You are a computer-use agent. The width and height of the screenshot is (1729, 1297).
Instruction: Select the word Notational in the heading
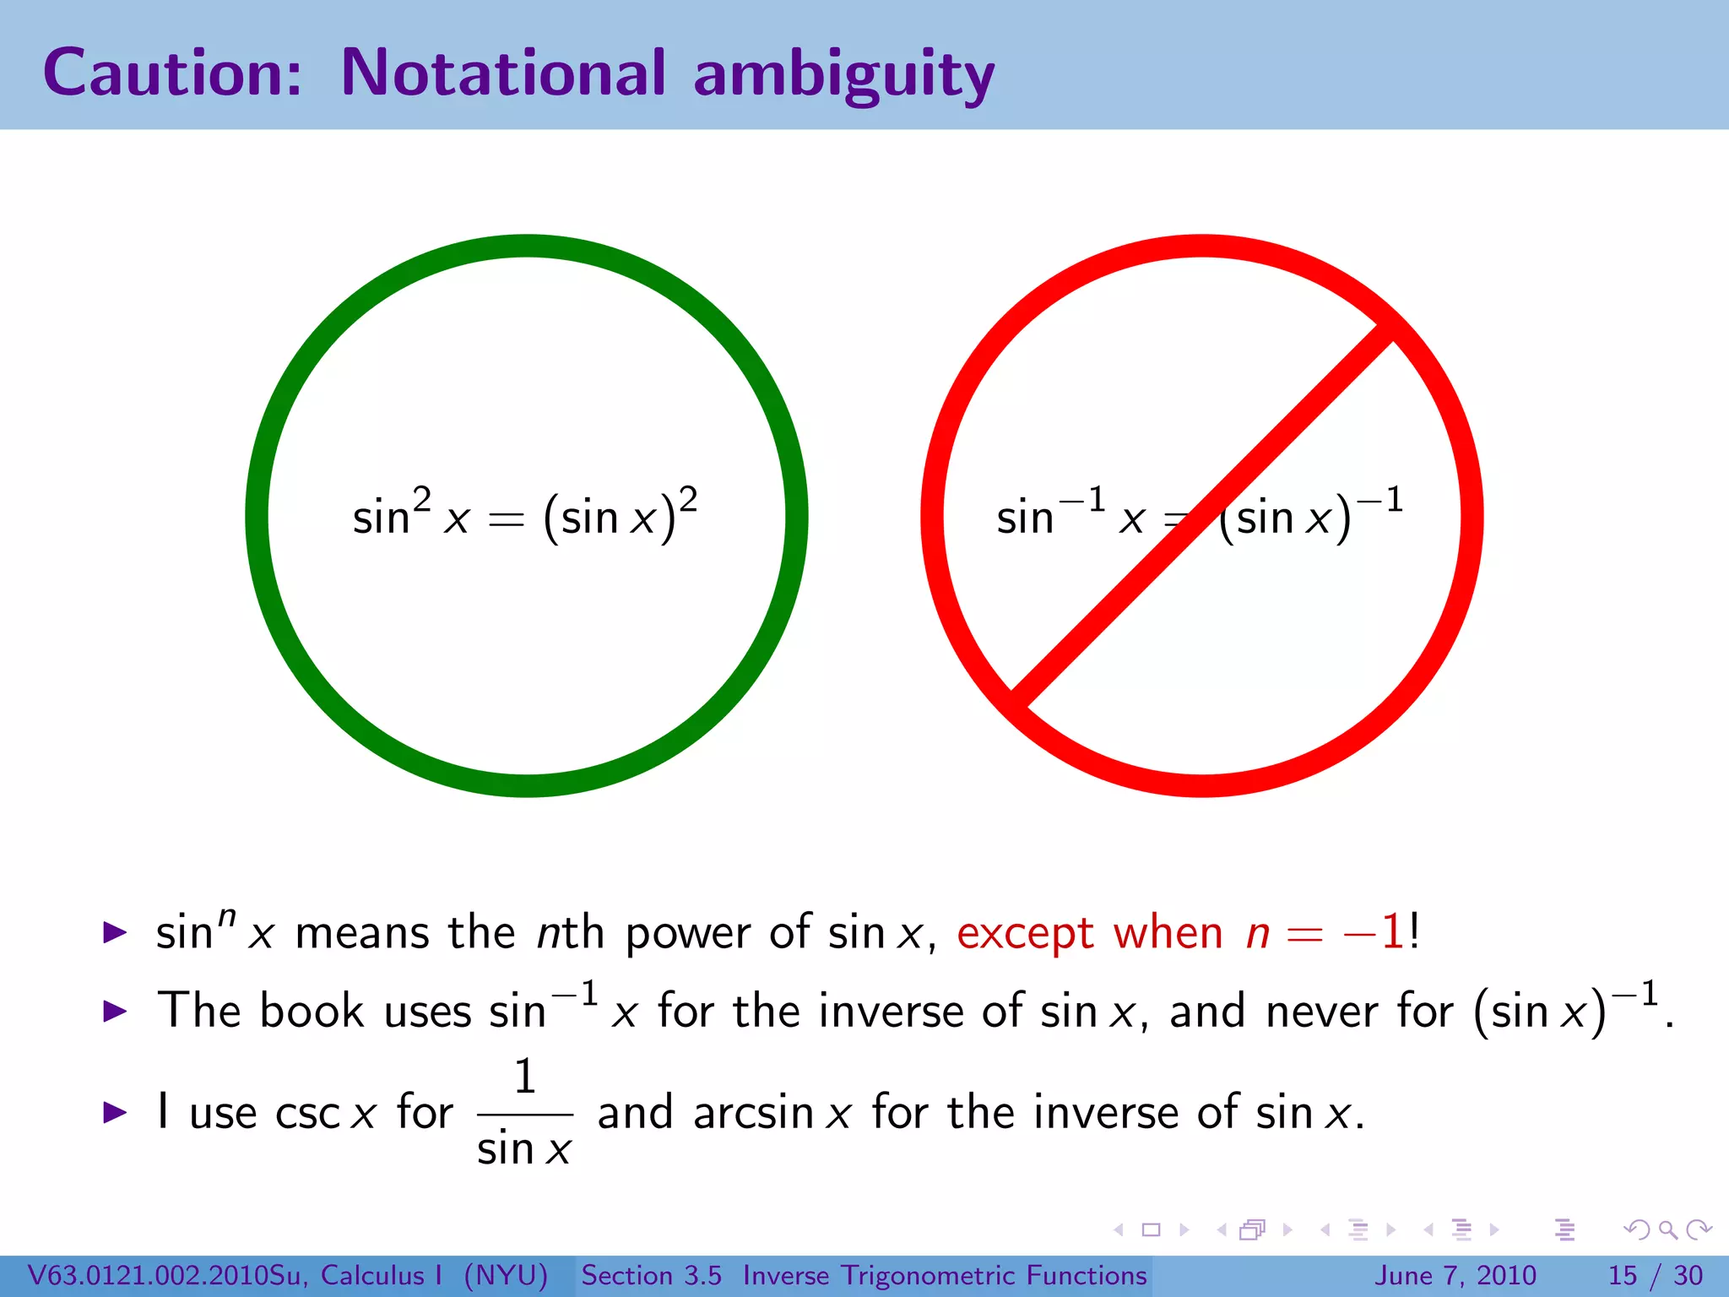[503, 73]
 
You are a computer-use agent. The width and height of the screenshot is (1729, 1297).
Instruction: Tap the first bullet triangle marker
[115, 933]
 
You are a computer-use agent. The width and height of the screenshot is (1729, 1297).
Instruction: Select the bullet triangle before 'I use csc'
[115, 1112]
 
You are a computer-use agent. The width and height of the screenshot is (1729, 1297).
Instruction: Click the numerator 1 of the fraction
[525, 1077]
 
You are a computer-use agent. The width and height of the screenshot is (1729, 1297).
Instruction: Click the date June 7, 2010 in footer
[1455, 1275]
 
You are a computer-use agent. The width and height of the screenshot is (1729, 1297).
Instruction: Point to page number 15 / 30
[1655, 1275]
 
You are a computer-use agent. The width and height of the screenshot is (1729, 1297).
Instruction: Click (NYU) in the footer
[506, 1275]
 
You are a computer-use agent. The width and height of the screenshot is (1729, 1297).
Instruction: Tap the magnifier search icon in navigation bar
[1667, 1230]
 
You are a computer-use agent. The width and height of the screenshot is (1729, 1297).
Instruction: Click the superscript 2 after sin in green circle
[422, 498]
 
